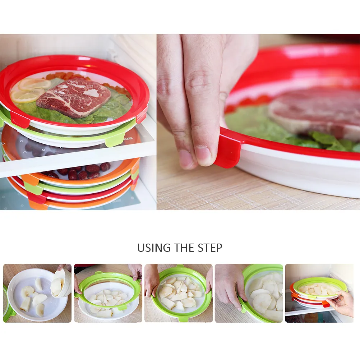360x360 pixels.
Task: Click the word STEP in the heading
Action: coord(210,248)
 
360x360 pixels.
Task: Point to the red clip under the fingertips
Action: coord(227,151)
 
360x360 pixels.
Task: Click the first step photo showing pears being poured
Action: coord(37,293)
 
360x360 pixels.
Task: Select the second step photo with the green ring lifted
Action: coord(108,293)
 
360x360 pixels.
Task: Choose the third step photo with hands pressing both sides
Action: coord(179,293)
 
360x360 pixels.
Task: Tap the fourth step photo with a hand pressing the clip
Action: coord(249,293)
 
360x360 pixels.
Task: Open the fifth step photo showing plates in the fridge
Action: coord(319,293)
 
